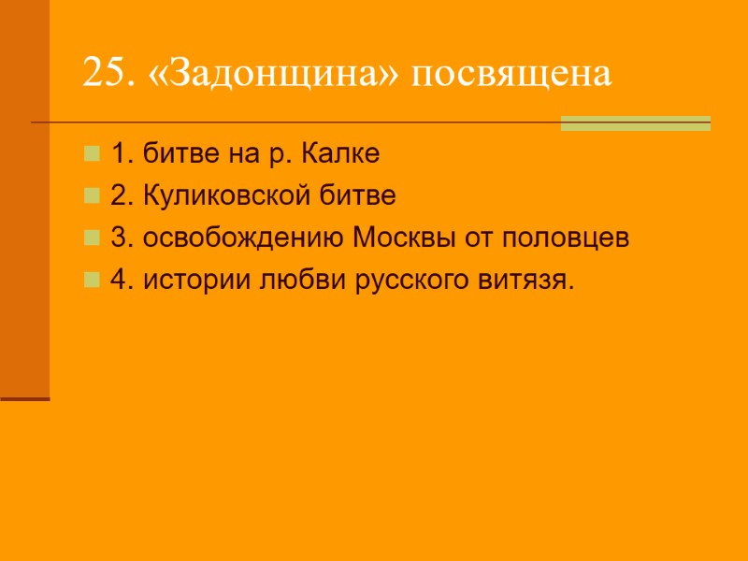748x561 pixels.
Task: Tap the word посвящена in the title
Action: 513,74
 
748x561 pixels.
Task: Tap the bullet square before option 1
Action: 92,152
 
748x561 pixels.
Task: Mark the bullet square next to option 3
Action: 92,237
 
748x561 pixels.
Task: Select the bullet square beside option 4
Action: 92,279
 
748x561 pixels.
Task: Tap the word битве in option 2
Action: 364,195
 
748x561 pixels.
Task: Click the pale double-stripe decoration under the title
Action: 635,122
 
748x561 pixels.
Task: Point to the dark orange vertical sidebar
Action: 24,196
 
